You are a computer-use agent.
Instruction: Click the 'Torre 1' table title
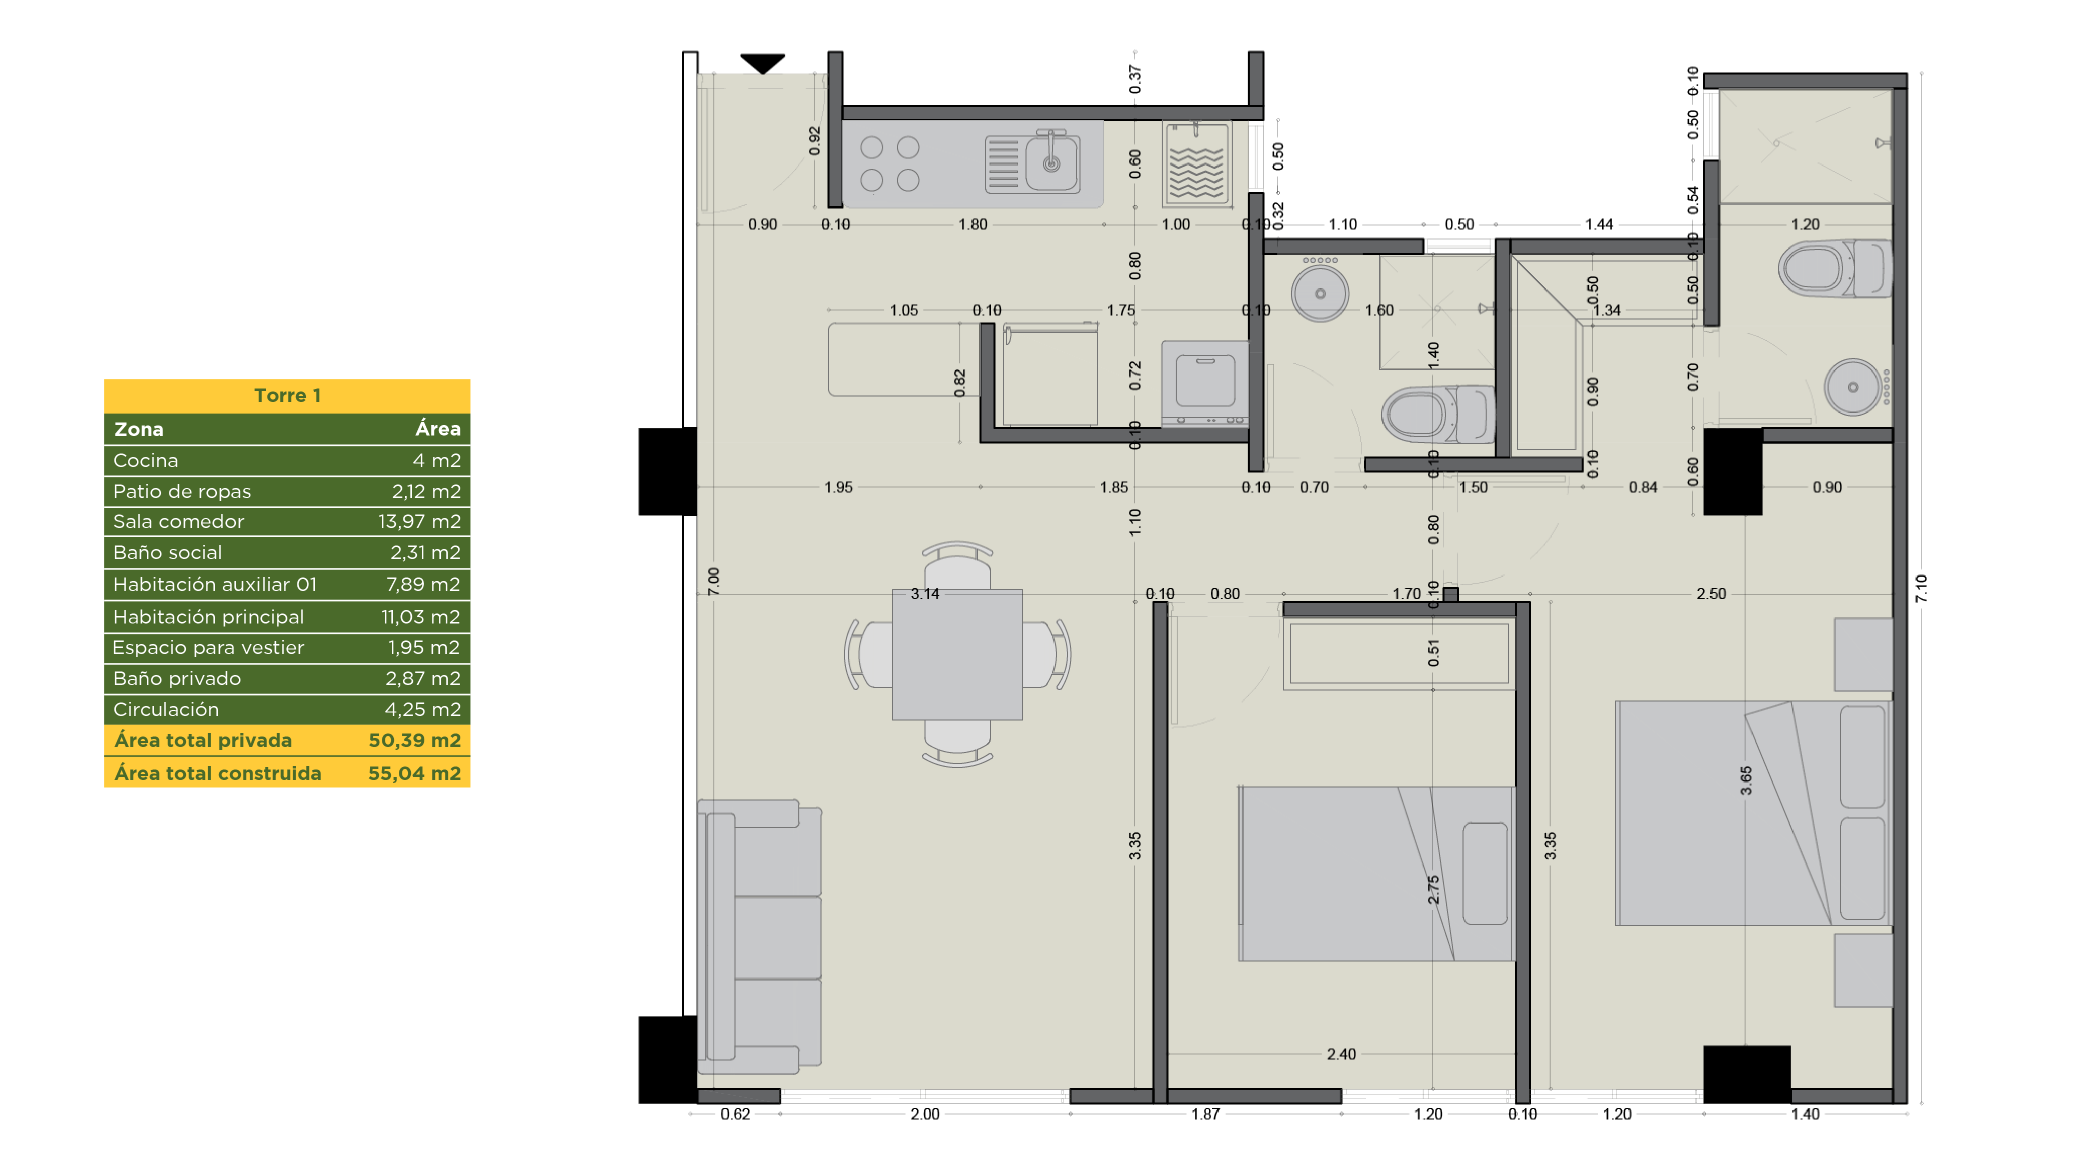(x=287, y=395)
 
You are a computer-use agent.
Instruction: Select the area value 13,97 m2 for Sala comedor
(x=419, y=521)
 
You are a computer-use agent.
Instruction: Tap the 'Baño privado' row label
(x=177, y=678)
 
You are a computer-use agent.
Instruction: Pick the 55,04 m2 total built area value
(x=414, y=773)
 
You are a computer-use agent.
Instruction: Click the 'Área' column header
(x=437, y=428)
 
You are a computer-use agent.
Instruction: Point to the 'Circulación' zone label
(x=166, y=709)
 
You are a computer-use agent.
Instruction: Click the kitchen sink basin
(x=1051, y=163)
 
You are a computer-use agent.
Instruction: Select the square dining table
(x=957, y=654)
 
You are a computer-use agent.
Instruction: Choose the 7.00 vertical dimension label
(x=713, y=580)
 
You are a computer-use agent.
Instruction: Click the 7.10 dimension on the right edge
(x=1921, y=588)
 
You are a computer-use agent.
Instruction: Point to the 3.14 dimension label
(x=925, y=593)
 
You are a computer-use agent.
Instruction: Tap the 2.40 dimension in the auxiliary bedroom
(x=1342, y=1054)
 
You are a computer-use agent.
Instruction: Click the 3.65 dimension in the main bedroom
(x=1746, y=780)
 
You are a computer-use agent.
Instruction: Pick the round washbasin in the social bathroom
(x=1320, y=293)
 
